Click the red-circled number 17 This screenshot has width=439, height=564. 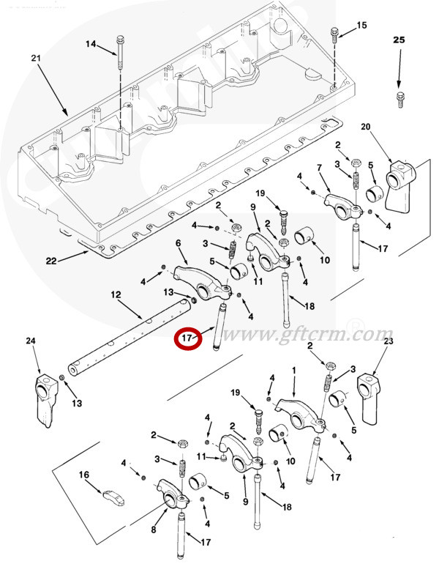188,338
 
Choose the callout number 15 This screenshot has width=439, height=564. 361,26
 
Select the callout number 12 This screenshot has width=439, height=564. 116,294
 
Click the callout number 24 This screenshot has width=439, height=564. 31,341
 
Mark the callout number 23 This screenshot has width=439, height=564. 388,341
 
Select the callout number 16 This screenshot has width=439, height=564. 84,475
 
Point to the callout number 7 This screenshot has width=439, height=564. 318,169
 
